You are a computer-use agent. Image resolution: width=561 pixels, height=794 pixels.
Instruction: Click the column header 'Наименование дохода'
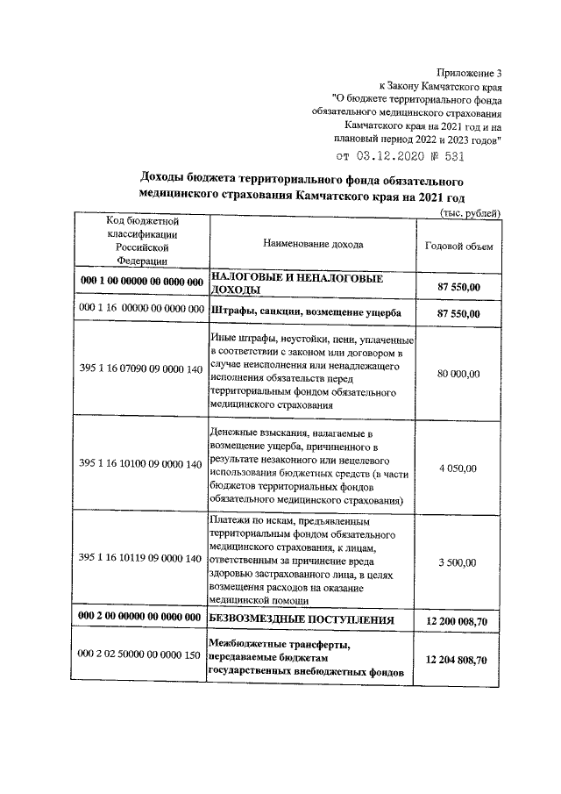312,244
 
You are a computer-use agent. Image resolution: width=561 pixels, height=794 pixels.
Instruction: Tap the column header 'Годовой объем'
458,247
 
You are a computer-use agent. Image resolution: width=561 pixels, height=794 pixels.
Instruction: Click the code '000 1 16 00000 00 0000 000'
141,311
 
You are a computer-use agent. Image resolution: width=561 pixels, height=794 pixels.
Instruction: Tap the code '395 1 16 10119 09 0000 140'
141,558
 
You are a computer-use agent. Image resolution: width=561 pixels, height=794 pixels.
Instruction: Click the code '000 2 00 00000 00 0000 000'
141,619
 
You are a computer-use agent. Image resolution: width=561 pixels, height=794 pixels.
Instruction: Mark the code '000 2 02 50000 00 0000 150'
141,657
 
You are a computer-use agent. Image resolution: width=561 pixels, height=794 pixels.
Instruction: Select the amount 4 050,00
458,469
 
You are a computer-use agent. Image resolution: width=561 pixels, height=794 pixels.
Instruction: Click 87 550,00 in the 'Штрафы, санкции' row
458,313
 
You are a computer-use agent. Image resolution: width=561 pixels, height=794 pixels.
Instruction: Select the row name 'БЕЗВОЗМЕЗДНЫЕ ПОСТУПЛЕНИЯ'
300,619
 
